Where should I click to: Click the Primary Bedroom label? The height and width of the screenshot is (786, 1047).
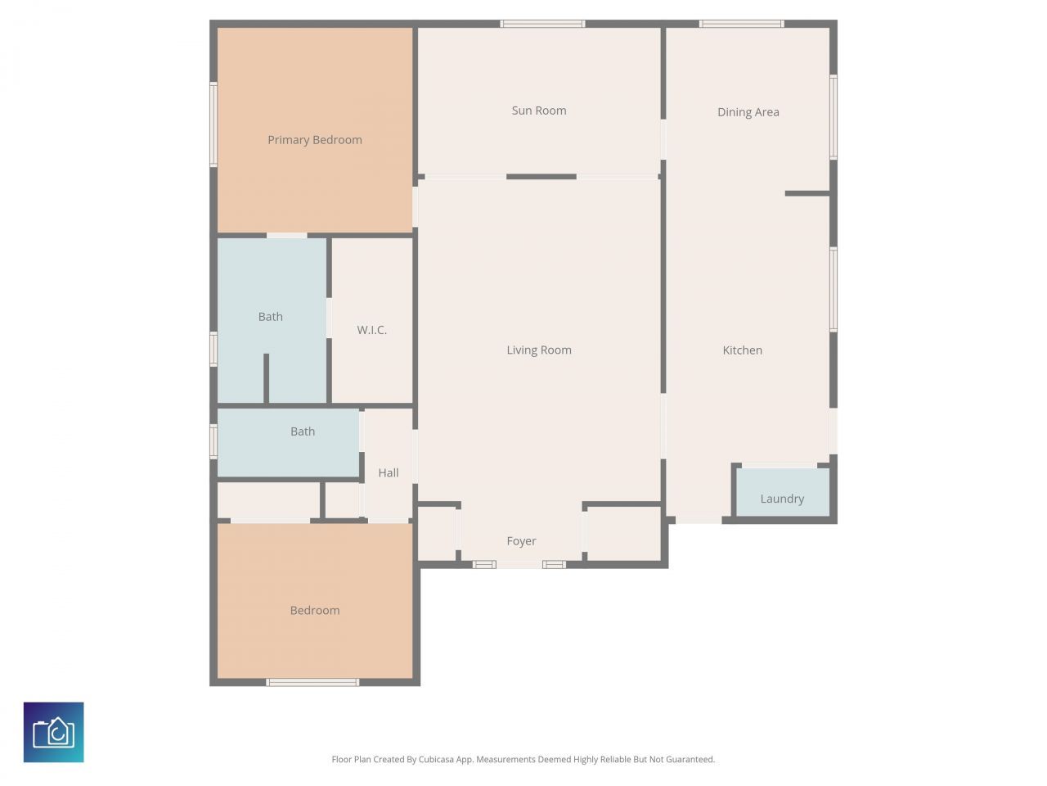pyautogui.click(x=314, y=140)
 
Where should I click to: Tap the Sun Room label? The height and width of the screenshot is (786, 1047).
pyautogui.click(x=538, y=111)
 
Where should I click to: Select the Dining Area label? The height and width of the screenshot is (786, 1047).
pyautogui.click(x=748, y=112)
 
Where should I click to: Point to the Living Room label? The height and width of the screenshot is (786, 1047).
pyautogui.click(x=538, y=350)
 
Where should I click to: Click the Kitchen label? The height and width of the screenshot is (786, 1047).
pyautogui.click(x=742, y=350)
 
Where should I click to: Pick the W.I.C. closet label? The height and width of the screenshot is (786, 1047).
pyautogui.click(x=371, y=330)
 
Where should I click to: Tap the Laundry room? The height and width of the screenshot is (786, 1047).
pyautogui.click(x=782, y=493)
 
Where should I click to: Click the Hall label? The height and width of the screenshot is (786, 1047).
pyautogui.click(x=389, y=472)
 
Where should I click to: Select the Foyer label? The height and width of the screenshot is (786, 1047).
pyautogui.click(x=521, y=541)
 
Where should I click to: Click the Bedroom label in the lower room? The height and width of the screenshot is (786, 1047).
pyautogui.click(x=314, y=611)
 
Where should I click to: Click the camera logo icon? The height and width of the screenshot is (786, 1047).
pyautogui.click(x=54, y=732)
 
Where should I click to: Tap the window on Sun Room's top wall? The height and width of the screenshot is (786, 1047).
pyautogui.click(x=542, y=24)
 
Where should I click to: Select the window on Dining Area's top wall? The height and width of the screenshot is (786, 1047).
pyautogui.click(x=741, y=24)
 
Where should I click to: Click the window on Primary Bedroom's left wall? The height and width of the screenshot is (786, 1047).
pyautogui.click(x=213, y=124)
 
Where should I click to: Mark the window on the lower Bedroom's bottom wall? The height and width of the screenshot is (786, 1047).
pyautogui.click(x=312, y=682)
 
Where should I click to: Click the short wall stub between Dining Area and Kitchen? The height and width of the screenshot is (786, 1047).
pyautogui.click(x=807, y=193)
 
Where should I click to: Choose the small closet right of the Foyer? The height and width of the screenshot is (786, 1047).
pyautogui.click(x=623, y=533)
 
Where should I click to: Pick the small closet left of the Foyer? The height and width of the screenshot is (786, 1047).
pyautogui.click(x=437, y=533)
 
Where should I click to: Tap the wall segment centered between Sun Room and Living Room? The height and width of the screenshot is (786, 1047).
pyautogui.click(x=541, y=177)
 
